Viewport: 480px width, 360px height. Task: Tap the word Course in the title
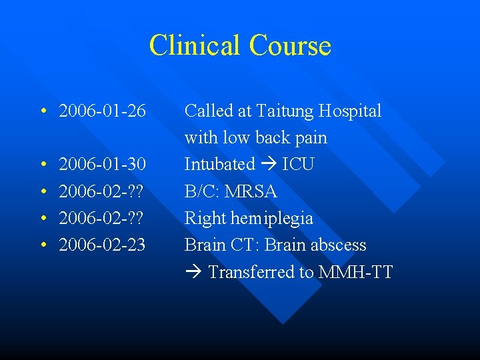coord(290,45)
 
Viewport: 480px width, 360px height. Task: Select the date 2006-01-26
coord(102,111)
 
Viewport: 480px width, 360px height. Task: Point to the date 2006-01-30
coord(102,164)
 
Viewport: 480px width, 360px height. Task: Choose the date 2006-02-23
coord(102,245)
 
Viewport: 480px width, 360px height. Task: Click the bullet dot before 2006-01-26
coord(42,111)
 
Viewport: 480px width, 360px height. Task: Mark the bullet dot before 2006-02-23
coord(42,245)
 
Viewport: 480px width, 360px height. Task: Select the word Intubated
coord(219,164)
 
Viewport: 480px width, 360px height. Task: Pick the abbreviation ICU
coord(298,164)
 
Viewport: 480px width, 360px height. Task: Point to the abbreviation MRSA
coord(251,191)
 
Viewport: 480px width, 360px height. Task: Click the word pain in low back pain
coord(310,138)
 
